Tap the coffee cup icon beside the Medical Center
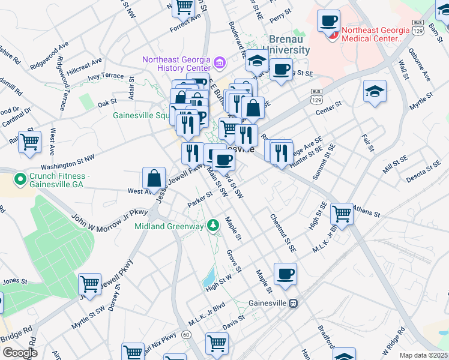(328, 21)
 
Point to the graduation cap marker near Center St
(375, 91)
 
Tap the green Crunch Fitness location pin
(20, 178)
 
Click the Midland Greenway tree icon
(212, 225)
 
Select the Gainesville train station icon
(294, 303)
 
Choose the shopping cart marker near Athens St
(342, 213)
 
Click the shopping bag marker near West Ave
(154, 178)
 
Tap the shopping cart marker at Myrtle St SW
(89, 284)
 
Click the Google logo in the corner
(20, 353)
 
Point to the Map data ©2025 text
(423, 355)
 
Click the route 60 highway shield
(186, 334)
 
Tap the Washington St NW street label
(68, 162)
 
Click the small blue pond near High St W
(209, 277)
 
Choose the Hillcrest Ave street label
(85, 66)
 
